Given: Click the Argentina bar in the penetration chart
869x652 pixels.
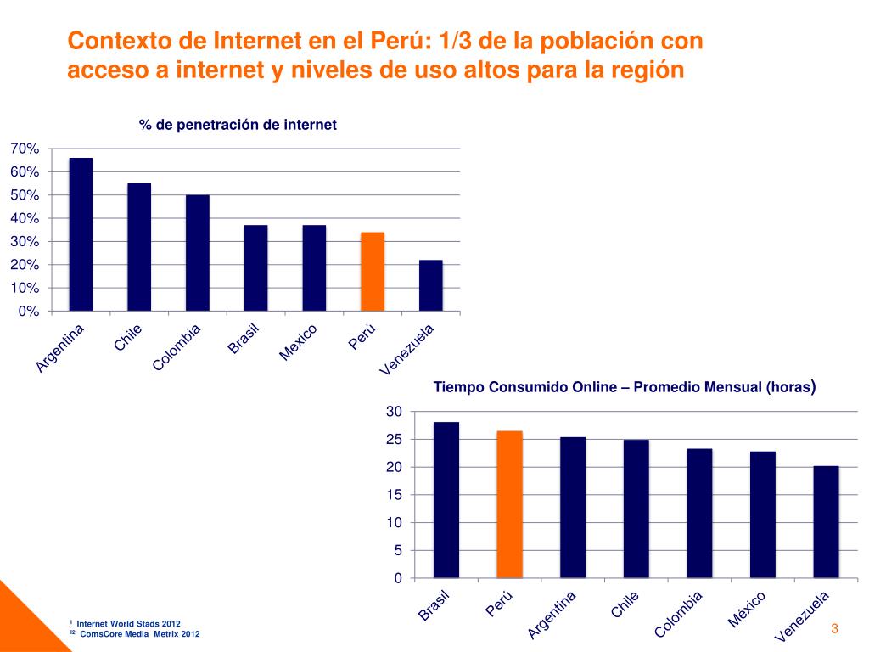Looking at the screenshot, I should pyautogui.click(x=81, y=234).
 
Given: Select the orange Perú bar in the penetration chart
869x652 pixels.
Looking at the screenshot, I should pyautogui.click(x=373, y=272).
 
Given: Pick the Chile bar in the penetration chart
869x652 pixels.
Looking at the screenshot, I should pyautogui.click(x=139, y=247).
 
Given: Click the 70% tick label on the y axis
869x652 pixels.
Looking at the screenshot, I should pyautogui.click(x=25, y=149).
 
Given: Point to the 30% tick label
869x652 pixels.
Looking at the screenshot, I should pyautogui.click(x=25, y=242).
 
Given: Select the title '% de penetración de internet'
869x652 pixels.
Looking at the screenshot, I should pyautogui.click(x=238, y=125).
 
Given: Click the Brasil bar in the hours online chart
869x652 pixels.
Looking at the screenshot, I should pyautogui.click(x=446, y=500).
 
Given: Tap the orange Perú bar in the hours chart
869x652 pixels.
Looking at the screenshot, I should pyautogui.click(x=509, y=504).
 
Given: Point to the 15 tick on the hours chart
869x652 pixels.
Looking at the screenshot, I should pyautogui.click(x=393, y=495).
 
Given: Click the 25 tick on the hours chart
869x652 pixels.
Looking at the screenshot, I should pyautogui.click(x=393, y=440).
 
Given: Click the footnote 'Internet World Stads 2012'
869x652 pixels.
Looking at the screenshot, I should pyautogui.click(x=128, y=623).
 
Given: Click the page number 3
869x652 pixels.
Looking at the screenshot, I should pyautogui.click(x=834, y=629).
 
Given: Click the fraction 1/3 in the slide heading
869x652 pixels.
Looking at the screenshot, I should pyautogui.click(x=458, y=41).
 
